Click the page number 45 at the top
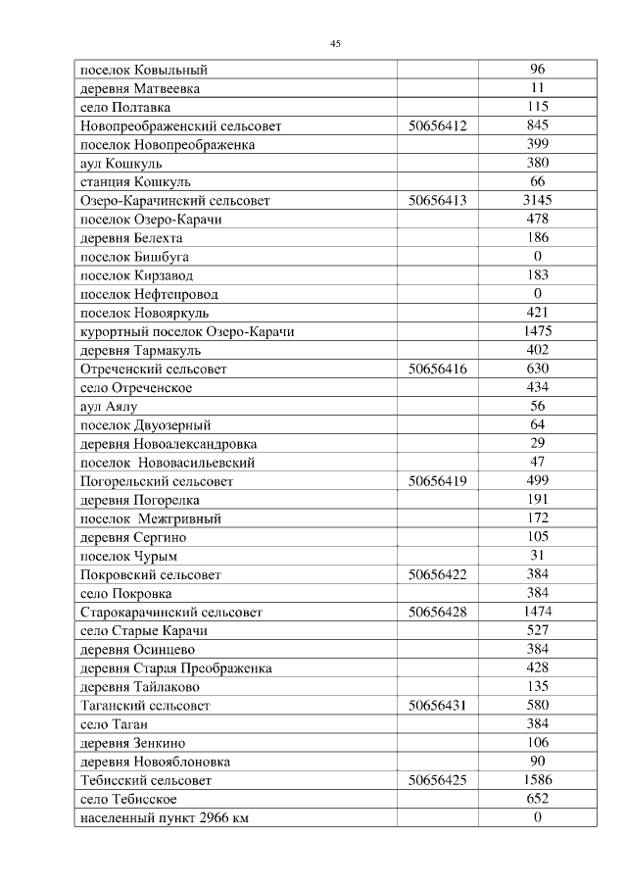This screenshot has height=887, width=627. click(x=335, y=44)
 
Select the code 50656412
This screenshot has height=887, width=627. click(x=437, y=125)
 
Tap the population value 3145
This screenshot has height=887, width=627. click(x=537, y=201)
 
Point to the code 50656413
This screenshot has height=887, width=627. click(x=437, y=201)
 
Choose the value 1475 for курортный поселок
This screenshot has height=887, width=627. click(x=537, y=332)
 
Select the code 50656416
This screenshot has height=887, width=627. click(x=437, y=370)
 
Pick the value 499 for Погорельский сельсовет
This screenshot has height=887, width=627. click(x=537, y=481)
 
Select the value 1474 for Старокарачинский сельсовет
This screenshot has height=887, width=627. click(x=537, y=613)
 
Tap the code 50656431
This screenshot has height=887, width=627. click(x=437, y=706)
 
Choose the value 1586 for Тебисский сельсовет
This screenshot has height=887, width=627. click(x=537, y=781)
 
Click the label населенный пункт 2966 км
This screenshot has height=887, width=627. click(x=164, y=818)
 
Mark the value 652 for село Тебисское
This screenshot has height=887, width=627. click(x=537, y=800)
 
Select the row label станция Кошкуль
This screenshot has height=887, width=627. click(x=135, y=182)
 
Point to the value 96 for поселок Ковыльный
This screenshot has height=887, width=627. click(x=537, y=70)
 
